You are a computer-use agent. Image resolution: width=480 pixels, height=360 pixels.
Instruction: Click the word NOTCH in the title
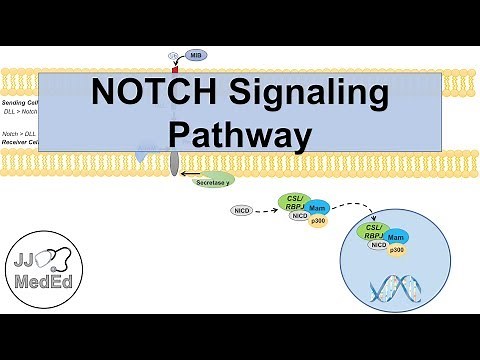coord(148,94)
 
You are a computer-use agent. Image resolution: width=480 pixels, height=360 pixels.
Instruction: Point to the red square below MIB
coord(176,70)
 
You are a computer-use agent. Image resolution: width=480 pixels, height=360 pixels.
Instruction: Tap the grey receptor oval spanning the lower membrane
coord(174,162)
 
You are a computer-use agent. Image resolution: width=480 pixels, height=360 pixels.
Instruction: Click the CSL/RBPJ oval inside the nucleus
coord(378,233)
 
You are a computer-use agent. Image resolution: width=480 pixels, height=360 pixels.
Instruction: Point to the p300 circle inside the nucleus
coord(398,250)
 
